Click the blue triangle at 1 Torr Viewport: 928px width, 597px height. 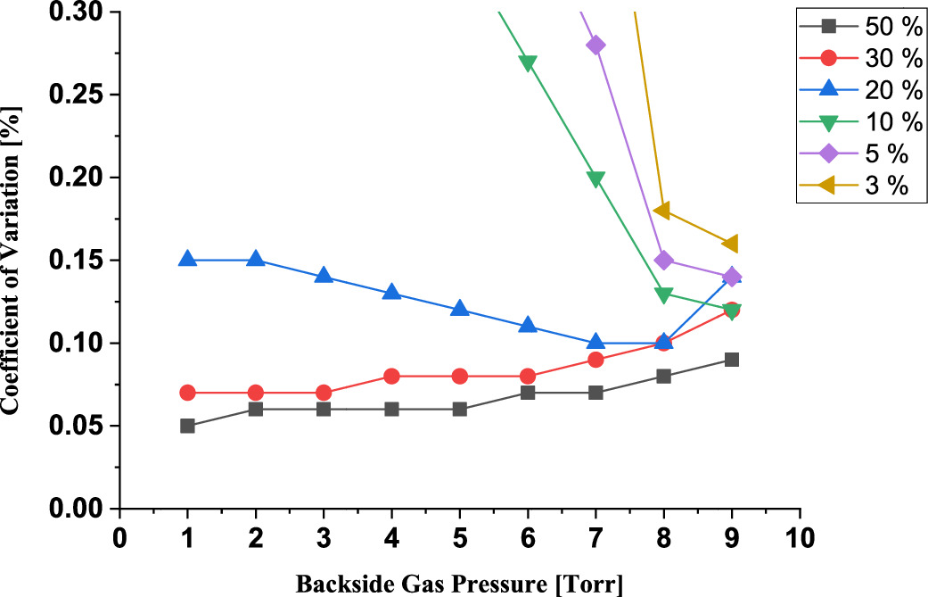[187, 259]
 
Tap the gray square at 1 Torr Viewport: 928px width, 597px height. [187, 426]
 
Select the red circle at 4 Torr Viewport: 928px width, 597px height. [391, 376]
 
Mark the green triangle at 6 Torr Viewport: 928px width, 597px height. [528, 63]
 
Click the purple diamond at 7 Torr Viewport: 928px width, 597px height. [595, 46]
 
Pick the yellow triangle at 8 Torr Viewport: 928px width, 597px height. [663, 211]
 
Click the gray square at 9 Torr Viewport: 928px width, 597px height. [731, 360]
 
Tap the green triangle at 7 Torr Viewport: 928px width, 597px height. [595, 178]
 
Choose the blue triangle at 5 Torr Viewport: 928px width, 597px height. [459, 309]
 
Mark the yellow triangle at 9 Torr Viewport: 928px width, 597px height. [731, 244]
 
